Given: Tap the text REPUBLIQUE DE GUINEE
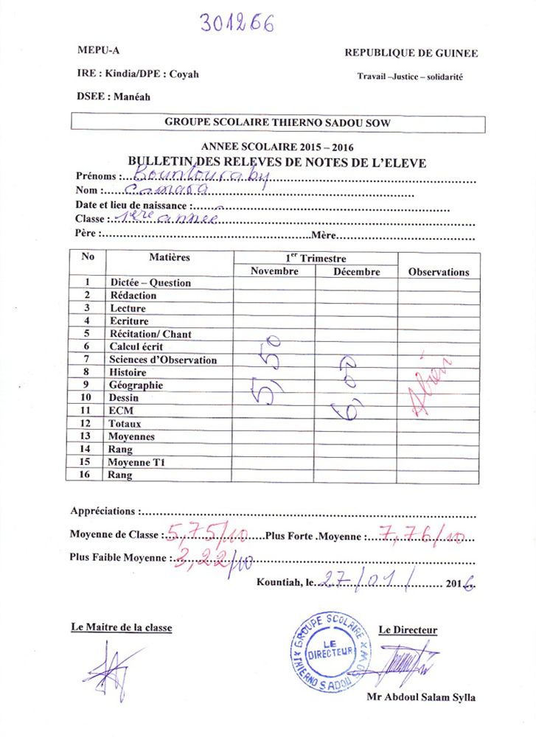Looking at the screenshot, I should click(x=411, y=53).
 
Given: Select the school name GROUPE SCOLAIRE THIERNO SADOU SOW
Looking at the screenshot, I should click(x=278, y=122).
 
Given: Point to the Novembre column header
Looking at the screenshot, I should click(x=274, y=271).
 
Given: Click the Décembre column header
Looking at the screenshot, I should click(x=356, y=271).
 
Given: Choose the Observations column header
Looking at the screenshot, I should click(x=439, y=271).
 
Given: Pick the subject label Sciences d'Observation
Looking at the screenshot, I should click(x=163, y=360).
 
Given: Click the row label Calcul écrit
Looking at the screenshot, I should click(x=136, y=347).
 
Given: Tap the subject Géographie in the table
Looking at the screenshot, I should click(x=136, y=385).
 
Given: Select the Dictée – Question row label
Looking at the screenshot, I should click(x=150, y=282).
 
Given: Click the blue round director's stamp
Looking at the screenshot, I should click(x=329, y=651).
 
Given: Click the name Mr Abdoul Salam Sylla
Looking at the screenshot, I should click(x=420, y=697).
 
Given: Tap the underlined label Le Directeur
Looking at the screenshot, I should click(x=408, y=630).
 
